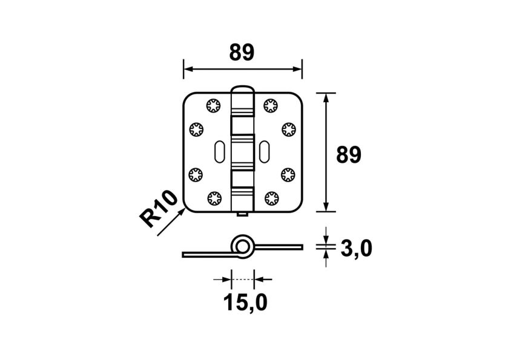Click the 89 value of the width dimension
[x=242, y=53]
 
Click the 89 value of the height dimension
[x=348, y=155]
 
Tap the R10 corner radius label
[x=159, y=208]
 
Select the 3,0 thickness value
[x=355, y=248]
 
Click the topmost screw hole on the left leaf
[x=213, y=105]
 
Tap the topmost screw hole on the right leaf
[x=270, y=105]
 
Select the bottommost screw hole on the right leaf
[x=270, y=197]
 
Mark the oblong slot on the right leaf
[x=265, y=151]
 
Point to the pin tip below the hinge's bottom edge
[x=242, y=215]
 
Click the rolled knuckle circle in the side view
[x=243, y=247]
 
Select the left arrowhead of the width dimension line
[x=186, y=69]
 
